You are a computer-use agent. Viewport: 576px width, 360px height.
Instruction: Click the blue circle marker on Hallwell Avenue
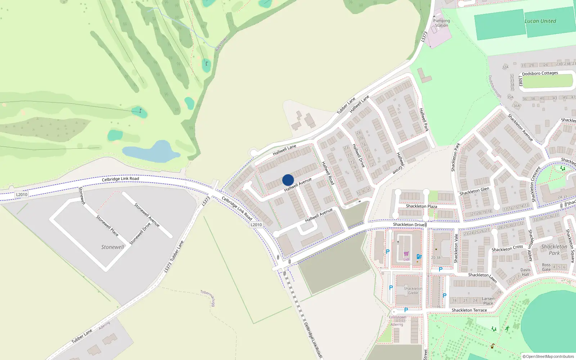pos(288,180)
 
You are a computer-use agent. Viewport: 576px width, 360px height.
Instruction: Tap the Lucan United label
pos(540,21)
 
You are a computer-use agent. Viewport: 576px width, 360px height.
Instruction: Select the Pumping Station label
pos(441,23)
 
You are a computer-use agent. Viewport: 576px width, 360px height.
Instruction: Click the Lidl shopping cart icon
pos(406,254)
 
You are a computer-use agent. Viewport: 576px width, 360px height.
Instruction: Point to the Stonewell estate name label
pos(112,247)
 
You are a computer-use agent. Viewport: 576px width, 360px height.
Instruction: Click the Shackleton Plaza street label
pos(421,206)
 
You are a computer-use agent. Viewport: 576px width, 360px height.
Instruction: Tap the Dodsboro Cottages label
pos(540,73)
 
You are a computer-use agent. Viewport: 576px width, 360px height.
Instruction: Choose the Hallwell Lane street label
pos(284,150)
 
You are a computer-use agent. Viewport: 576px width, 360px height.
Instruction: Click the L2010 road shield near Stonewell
pos(22,194)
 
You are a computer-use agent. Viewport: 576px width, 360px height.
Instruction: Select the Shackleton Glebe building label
pos(413,291)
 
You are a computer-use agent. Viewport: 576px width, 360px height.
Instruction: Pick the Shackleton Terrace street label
pos(469,310)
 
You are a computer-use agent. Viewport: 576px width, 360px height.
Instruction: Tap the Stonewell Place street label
pos(107,226)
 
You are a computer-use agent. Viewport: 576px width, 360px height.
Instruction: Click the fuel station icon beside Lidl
pos(419,257)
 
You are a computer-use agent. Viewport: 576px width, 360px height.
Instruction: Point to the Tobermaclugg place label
pos(208,298)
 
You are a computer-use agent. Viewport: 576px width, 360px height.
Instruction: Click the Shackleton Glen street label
pos(474,191)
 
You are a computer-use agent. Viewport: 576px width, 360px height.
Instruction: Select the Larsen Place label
pos(488,301)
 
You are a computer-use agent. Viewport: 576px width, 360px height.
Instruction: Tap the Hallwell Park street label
pos(424,120)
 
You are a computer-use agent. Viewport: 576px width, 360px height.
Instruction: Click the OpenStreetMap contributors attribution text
pos(548,356)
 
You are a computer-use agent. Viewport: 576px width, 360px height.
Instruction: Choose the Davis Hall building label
pos(525,272)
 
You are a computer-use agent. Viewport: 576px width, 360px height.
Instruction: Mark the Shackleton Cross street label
pos(507,248)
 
